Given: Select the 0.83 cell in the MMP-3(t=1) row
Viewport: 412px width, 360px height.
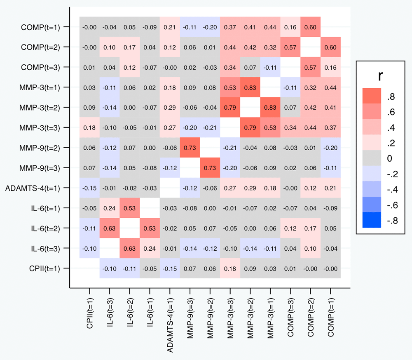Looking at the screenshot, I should point(250,87).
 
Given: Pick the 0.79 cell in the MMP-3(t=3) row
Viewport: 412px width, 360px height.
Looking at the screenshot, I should point(250,128).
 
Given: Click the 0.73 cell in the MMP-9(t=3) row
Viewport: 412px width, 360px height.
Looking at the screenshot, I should point(210,168).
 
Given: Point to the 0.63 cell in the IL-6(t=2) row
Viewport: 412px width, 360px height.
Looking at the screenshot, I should point(110,228).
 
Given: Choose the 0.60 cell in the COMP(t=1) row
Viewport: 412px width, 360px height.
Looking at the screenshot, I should point(310,27).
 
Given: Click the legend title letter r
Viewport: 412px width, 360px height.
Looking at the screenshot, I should point(381,75).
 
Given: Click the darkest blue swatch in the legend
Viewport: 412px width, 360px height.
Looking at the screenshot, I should point(373,220).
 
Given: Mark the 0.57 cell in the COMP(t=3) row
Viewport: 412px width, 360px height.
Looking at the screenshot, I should point(310,67).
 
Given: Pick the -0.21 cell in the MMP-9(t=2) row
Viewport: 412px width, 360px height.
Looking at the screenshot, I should point(230,148).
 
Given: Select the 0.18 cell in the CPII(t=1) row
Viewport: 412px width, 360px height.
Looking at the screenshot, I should point(230,269).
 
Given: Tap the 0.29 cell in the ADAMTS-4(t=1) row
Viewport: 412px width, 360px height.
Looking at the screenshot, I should point(250,188).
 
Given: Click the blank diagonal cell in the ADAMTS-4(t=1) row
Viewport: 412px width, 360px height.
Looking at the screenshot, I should point(170,188).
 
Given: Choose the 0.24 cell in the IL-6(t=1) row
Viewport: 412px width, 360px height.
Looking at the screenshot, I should point(110,208).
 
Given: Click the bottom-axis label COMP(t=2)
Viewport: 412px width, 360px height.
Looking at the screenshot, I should point(310,313).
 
